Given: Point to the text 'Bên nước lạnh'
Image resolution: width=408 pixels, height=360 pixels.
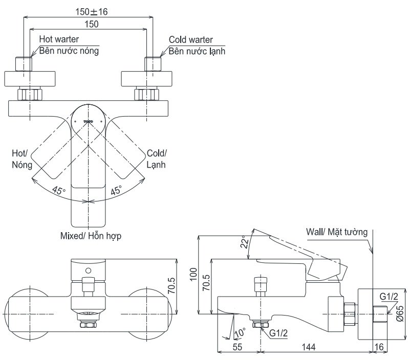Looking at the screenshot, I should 197,51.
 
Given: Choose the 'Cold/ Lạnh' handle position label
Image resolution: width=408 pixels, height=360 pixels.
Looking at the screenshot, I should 157,159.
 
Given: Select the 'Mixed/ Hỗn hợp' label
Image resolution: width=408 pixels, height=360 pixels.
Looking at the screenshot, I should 91,236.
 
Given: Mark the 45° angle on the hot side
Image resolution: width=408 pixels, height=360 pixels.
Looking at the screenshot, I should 58,192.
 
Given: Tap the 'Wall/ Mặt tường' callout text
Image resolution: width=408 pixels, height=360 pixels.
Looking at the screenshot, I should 336,232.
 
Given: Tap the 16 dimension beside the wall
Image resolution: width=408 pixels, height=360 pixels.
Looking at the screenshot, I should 378,347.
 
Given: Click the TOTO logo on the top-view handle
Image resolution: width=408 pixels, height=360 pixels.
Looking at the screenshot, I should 89,122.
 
